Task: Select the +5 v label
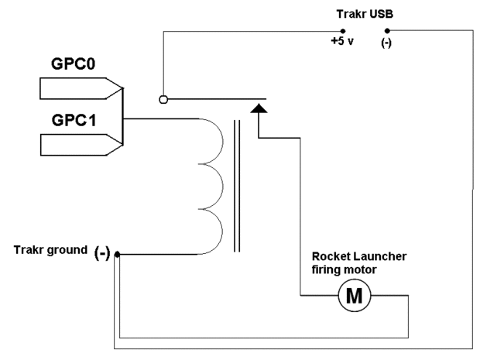341,42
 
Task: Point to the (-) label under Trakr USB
386,43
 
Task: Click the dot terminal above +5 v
343,31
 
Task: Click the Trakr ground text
50,249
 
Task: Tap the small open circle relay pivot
163,99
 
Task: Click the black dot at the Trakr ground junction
117,254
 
